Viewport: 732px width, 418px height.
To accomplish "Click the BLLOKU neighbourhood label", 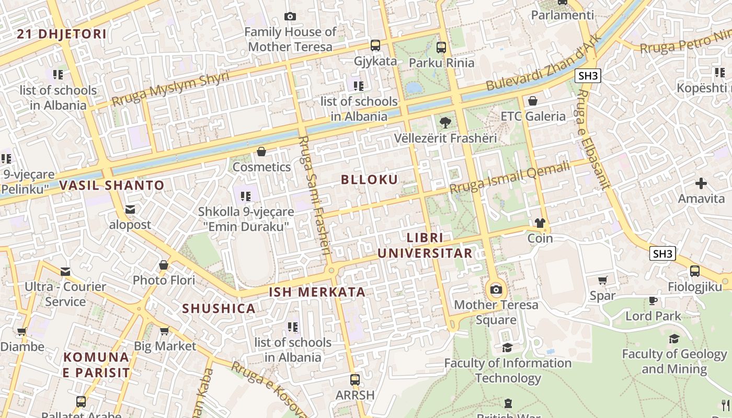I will (x=369, y=180).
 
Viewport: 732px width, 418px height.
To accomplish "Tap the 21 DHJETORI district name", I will (x=62, y=34).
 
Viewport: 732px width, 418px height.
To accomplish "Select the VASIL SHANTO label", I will (x=111, y=185).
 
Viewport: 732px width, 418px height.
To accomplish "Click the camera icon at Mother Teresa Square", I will (x=496, y=289).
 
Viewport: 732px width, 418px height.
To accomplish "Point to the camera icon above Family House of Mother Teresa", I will (x=290, y=17).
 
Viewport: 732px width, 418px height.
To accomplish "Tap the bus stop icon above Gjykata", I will (x=375, y=45).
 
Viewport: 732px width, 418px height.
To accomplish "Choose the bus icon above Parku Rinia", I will (x=441, y=48).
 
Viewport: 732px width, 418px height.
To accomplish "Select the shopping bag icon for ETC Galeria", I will (x=533, y=101).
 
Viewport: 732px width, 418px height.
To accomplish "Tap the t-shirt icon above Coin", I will (x=540, y=223).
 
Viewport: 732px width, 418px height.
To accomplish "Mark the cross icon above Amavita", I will (x=701, y=183).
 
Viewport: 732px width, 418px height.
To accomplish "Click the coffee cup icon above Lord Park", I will (x=653, y=300).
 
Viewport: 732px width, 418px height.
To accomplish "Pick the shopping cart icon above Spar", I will (x=602, y=281).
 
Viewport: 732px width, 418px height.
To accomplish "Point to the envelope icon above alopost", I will (x=130, y=210).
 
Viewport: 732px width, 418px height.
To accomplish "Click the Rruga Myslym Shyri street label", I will (x=170, y=89).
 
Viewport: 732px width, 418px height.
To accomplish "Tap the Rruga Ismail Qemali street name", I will (x=510, y=178).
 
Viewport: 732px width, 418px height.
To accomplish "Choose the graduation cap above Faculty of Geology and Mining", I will (x=674, y=339).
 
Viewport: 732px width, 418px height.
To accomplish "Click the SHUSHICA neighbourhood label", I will (x=219, y=308).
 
